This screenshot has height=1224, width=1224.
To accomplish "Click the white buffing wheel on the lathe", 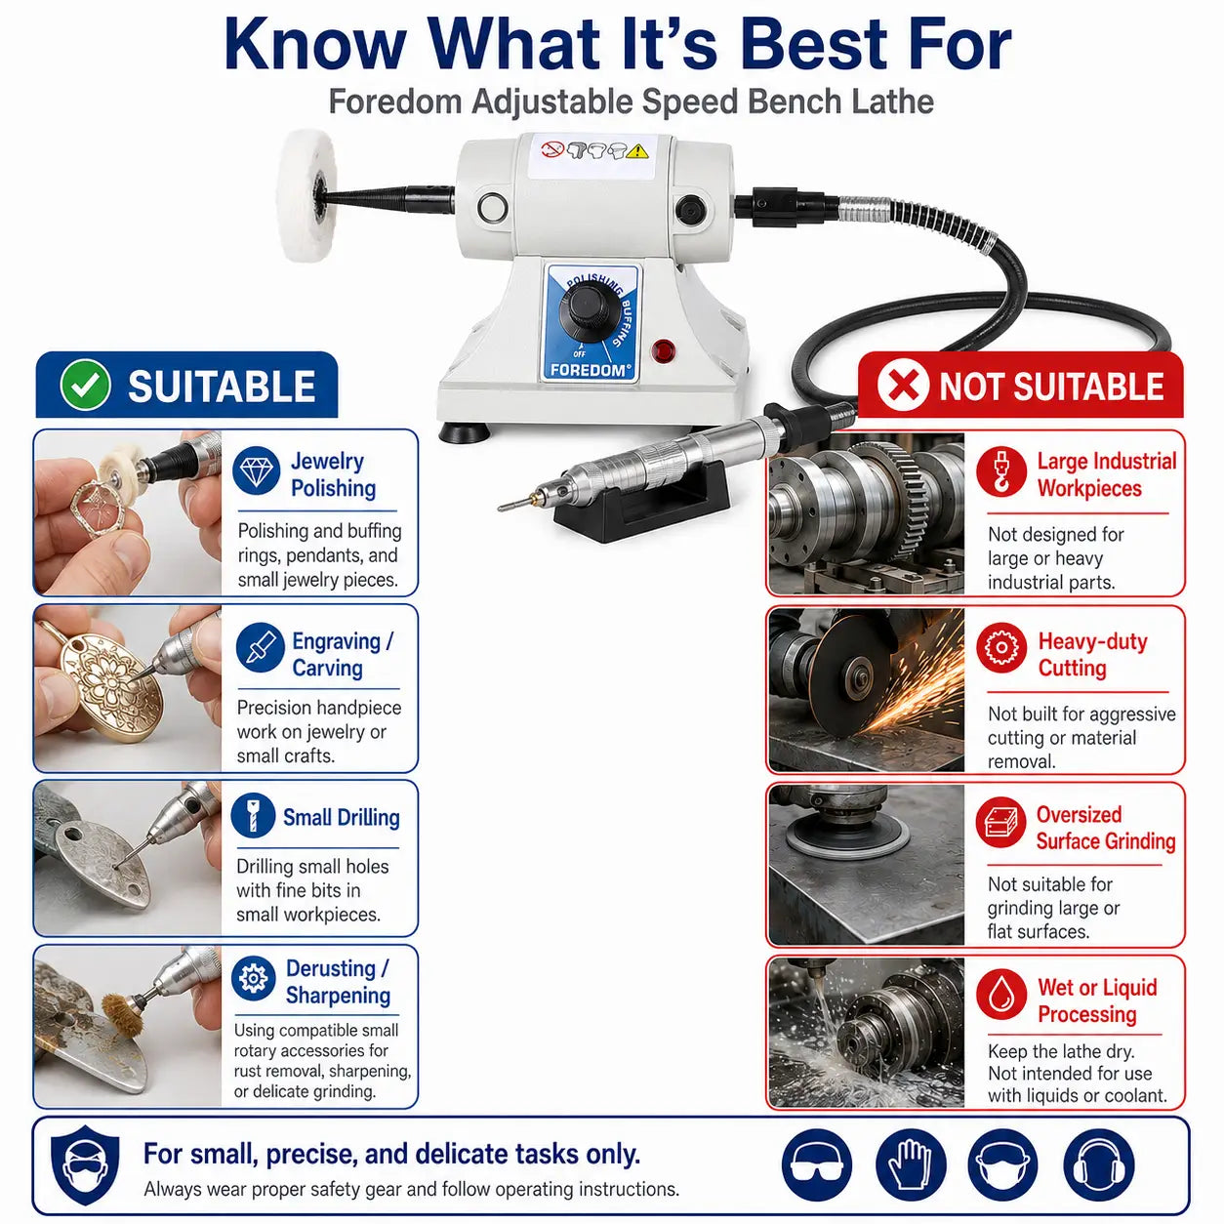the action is coord(300,195).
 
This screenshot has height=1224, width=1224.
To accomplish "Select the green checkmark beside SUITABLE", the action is coord(85,385).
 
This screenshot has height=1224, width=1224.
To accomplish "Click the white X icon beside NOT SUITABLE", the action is coord(903,386).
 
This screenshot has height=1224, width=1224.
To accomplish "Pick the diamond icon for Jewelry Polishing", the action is coord(257,471).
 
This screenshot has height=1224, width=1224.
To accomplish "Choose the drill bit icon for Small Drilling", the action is coord(252,816).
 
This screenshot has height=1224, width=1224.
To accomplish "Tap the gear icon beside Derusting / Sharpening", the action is coord(254,979).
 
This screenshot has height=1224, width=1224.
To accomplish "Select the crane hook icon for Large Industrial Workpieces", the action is coord(1001,472).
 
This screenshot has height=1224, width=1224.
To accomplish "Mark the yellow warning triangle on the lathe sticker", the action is coord(637,151).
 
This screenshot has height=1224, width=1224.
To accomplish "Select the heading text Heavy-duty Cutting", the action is coord(1093,655).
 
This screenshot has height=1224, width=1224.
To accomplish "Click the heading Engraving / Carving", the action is coord(343,655).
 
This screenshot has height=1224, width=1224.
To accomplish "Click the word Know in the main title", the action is coord(314,45).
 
